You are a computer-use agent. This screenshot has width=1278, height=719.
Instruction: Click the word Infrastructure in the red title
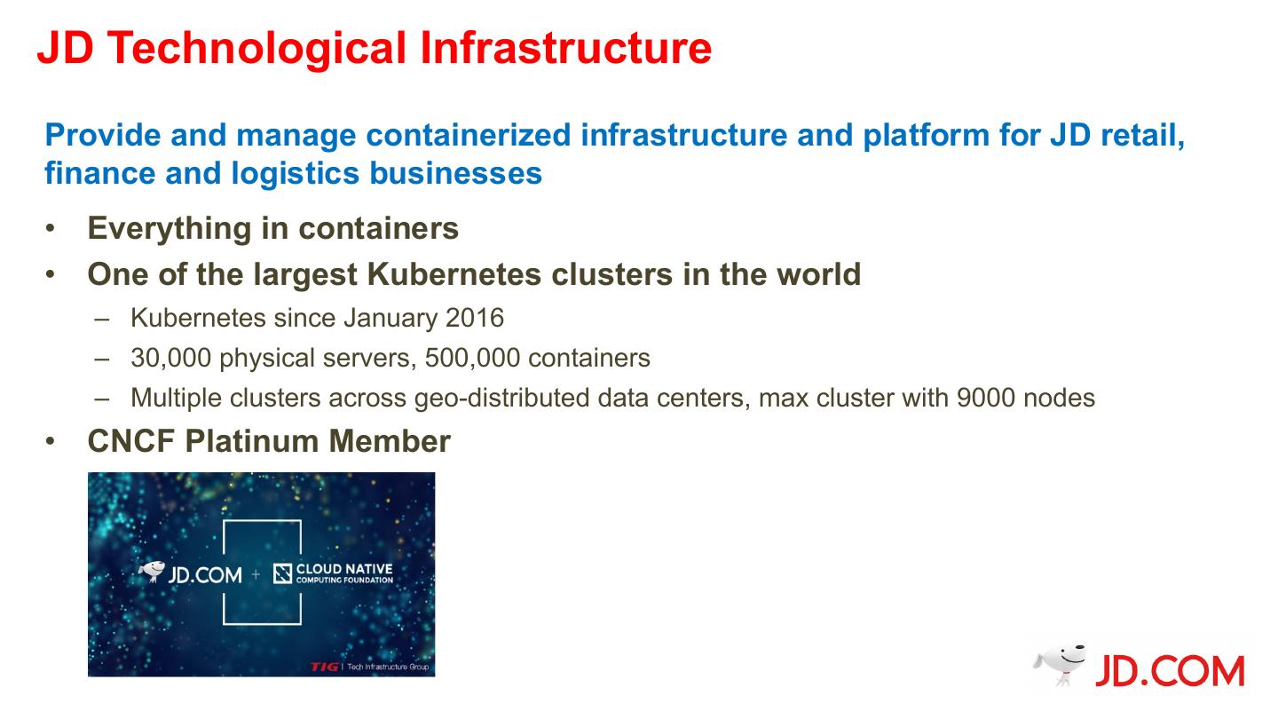point(565,49)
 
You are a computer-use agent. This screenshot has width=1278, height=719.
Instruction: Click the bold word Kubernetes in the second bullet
point(455,274)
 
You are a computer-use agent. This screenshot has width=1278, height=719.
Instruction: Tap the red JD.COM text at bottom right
point(1169,672)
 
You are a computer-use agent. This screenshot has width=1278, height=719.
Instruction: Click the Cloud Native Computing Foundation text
point(343,573)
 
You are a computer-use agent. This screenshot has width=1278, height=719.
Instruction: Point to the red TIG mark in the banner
point(324,667)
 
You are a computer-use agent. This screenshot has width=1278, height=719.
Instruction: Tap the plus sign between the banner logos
point(256,575)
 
